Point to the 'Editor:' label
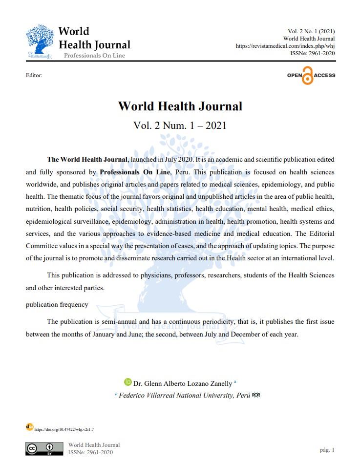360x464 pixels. coord(34,76)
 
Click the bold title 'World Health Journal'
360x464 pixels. coord(180,106)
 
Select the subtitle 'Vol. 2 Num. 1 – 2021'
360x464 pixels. coord(180,125)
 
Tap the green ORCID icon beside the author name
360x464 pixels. coord(128,382)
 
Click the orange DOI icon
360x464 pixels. coord(30,427)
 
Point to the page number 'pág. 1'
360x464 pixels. coord(326,449)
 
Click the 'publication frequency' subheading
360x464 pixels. coord(57,304)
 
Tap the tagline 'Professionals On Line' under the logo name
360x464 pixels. coord(94,55)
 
